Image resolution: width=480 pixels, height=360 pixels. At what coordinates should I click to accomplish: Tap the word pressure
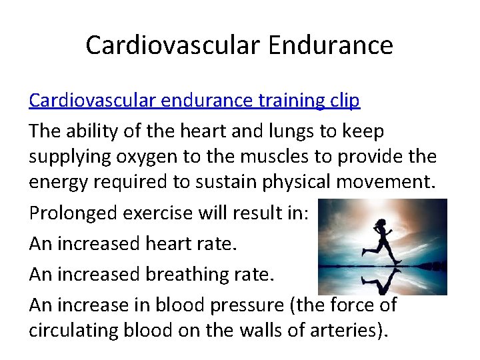(243, 305)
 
